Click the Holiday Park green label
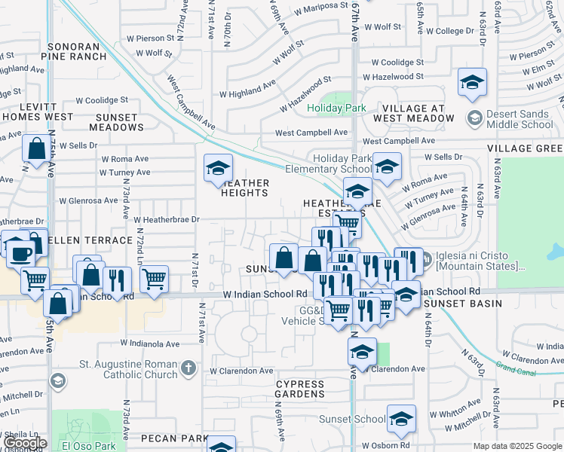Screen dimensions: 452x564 pyautogui.click(x=336, y=108)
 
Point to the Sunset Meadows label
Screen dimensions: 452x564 pyautogui.click(x=116, y=123)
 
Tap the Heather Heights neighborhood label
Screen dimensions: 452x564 pyautogui.click(x=244, y=188)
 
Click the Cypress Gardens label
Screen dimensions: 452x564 pyautogui.click(x=299, y=389)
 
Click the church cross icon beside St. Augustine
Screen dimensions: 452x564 pyautogui.click(x=189, y=369)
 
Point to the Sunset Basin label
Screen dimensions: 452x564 pyautogui.click(x=452, y=304)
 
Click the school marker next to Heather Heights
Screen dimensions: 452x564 pyautogui.click(x=218, y=168)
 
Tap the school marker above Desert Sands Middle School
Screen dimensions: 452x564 pyautogui.click(x=472, y=82)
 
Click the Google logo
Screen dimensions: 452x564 pyautogui.click(x=26, y=444)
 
